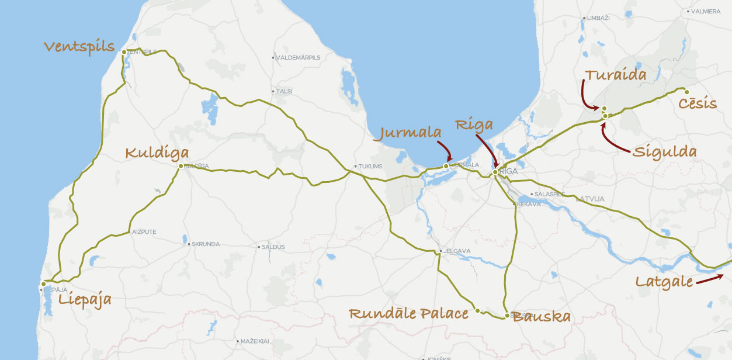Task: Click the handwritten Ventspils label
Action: (x=79, y=47)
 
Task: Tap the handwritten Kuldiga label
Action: (x=158, y=154)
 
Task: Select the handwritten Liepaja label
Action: (x=85, y=300)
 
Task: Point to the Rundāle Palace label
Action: (x=408, y=314)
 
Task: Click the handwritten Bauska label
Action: (x=541, y=317)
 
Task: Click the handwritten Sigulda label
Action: (x=665, y=152)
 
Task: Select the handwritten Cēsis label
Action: (x=698, y=104)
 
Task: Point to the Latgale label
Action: (x=664, y=282)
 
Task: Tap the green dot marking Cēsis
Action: (x=686, y=92)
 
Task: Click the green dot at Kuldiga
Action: (x=181, y=166)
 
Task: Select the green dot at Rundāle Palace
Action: (x=477, y=310)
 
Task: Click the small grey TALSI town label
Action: (x=285, y=92)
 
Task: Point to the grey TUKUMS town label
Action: (x=370, y=167)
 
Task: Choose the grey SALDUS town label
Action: (x=273, y=247)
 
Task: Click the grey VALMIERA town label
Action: (x=706, y=11)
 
